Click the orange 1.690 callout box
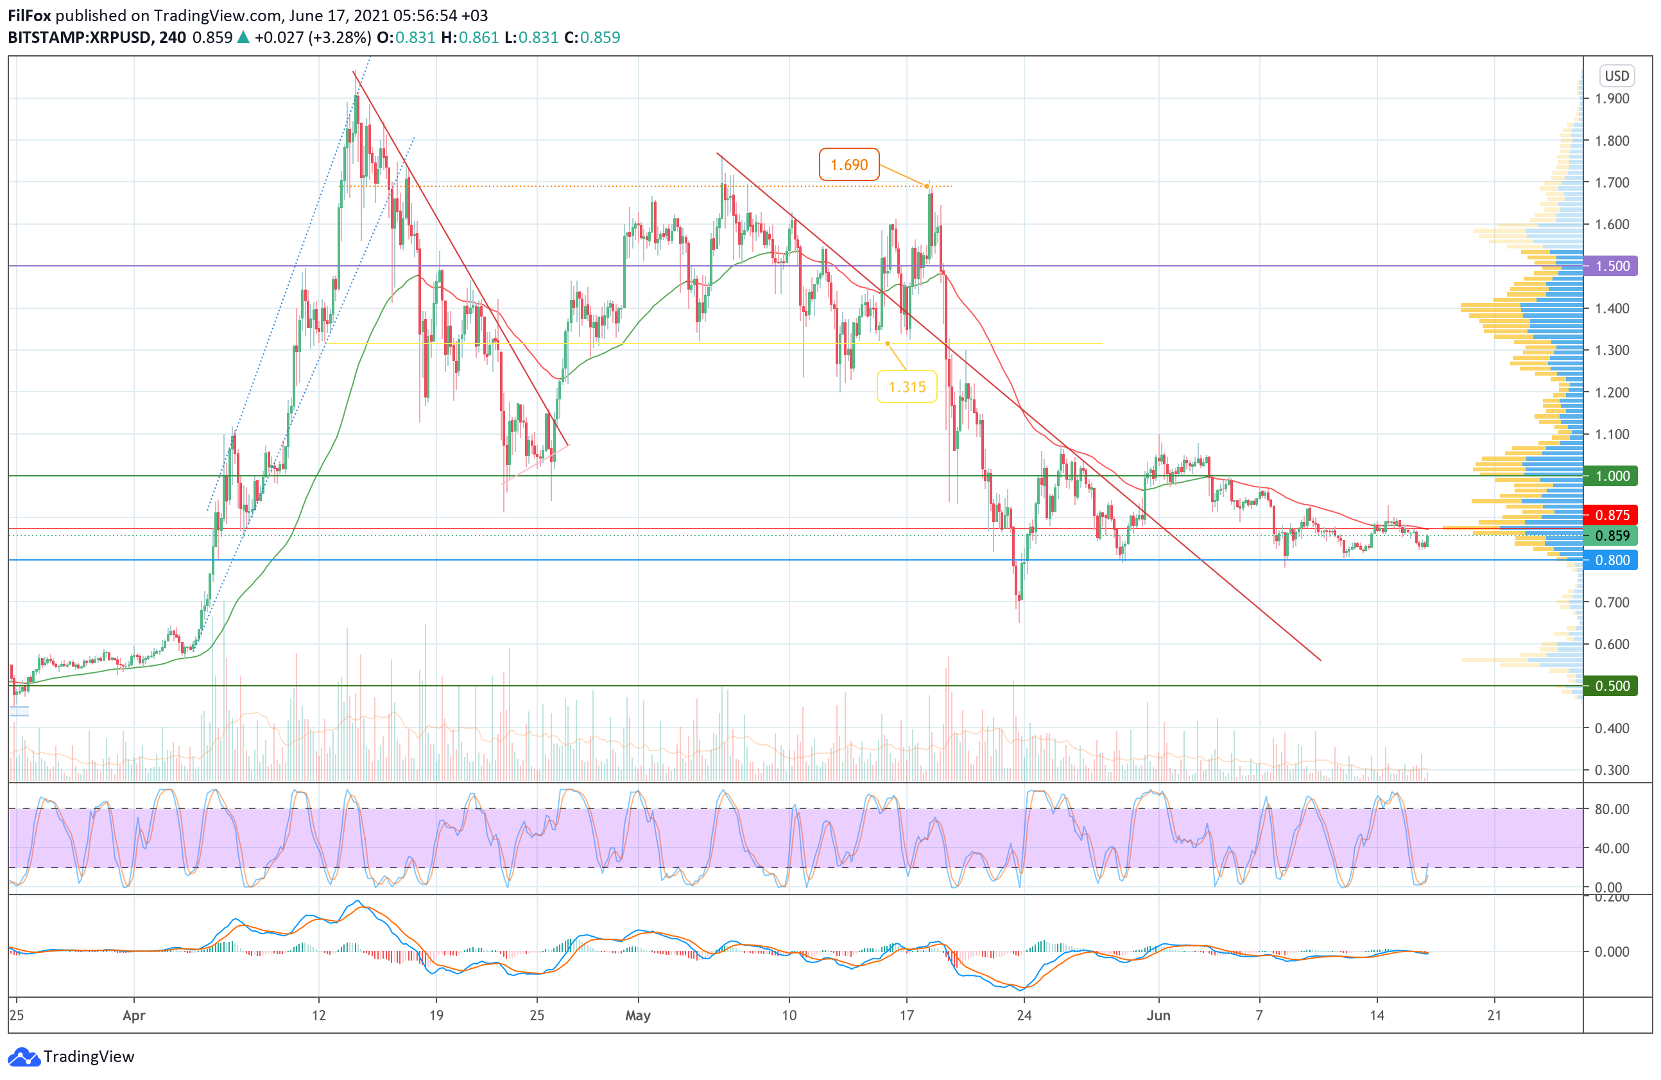(x=848, y=165)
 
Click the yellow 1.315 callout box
(x=907, y=387)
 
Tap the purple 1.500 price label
(x=1612, y=266)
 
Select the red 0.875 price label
(x=1612, y=515)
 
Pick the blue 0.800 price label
(x=1612, y=560)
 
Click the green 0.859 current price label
(x=1612, y=536)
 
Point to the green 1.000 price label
(x=1612, y=476)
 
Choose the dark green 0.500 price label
(x=1612, y=686)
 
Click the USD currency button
(x=1616, y=75)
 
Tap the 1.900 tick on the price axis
(x=1612, y=98)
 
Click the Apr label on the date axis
(x=133, y=1015)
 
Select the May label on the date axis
(x=638, y=1015)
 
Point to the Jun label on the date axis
(x=1158, y=1015)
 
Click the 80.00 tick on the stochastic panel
(x=1612, y=809)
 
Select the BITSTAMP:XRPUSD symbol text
(x=79, y=38)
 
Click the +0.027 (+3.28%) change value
(x=312, y=38)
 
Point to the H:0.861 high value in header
(x=470, y=38)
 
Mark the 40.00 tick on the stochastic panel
(x=1612, y=848)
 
